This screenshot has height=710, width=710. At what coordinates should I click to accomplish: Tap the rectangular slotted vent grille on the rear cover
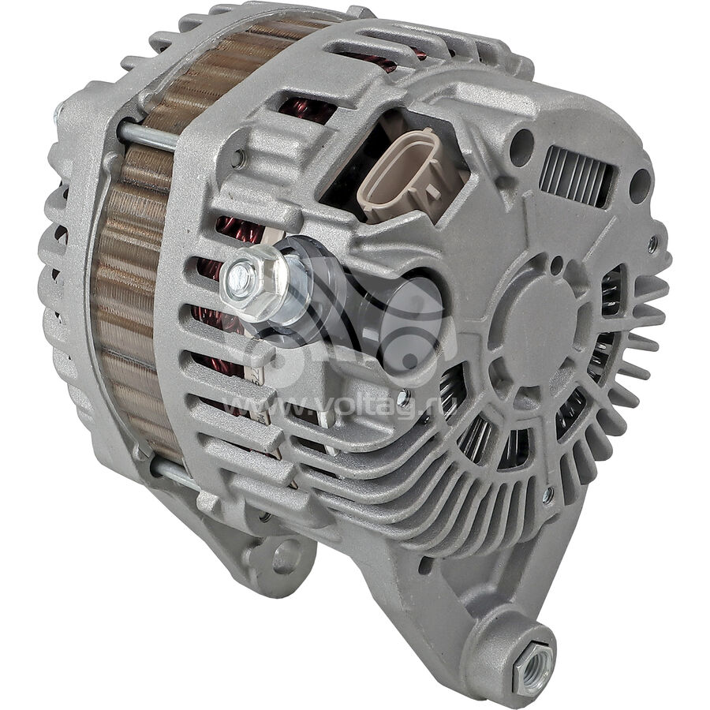(x=577, y=176)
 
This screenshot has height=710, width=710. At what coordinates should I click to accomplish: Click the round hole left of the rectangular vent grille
(x=521, y=145)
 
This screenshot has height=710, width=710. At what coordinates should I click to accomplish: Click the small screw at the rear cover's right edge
(x=652, y=245)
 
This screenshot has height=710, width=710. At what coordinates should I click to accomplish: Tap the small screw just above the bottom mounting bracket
(x=547, y=495)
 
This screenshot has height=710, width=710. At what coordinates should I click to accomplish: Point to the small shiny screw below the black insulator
(x=403, y=398)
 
